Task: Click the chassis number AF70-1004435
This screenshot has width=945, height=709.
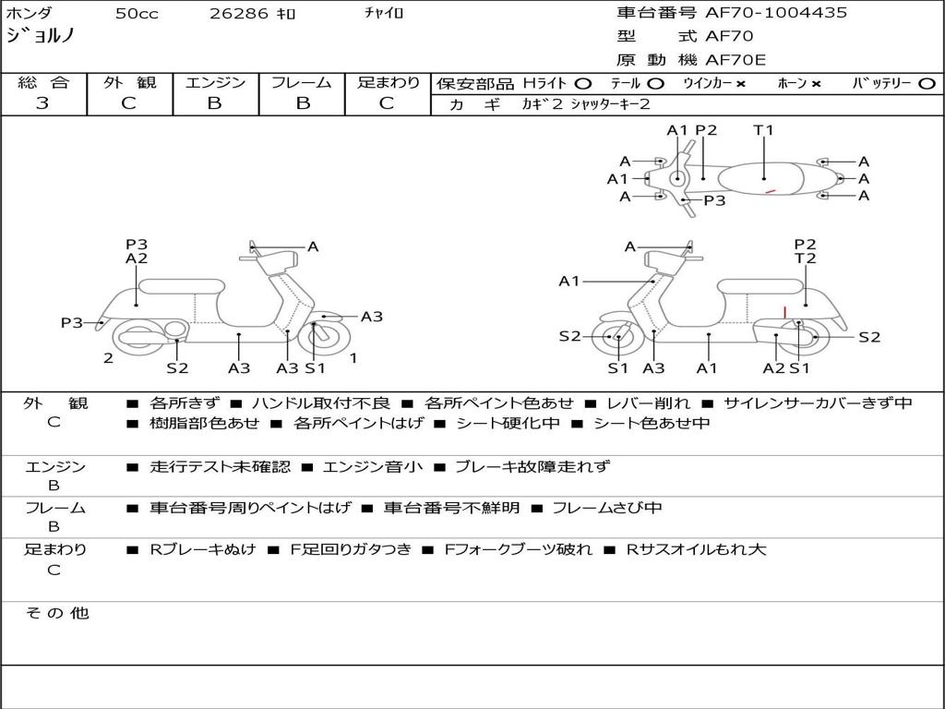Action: pyautogui.click(x=776, y=13)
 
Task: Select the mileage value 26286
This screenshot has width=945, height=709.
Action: pyautogui.click(x=239, y=14)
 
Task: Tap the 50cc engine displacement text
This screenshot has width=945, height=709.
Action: pyautogui.click(x=136, y=14)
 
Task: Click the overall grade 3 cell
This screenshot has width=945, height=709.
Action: pyautogui.click(x=42, y=103)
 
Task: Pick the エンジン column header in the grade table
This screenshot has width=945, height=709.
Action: pyautogui.click(x=215, y=83)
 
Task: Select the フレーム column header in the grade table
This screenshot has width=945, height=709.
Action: pyautogui.click(x=302, y=83)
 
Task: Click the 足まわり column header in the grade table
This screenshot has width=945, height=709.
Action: pyautogui.click(x=389, y=83)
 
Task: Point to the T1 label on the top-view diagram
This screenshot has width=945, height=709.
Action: pyautogui.click(x=763, y=130)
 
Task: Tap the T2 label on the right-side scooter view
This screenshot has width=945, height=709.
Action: pyautogui.click(x=806, y=259)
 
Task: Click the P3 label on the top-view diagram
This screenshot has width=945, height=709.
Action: pyautogui.click(x=714, y=200)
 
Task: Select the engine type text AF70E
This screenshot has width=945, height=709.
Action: pyautogui.click(x=736, y=61)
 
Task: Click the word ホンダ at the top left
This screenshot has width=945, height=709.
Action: pyautogui.click(x=30, y=14)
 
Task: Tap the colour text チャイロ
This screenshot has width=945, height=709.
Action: pyautogui.click(x=384, y=14)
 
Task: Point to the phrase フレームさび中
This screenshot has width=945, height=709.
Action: pyautogui.click(x=607, y=508)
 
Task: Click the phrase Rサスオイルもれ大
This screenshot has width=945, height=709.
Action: pyautogui.click(x=696, y=549)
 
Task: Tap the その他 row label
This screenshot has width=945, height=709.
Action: pyautogui.click(x=56, y=613)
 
